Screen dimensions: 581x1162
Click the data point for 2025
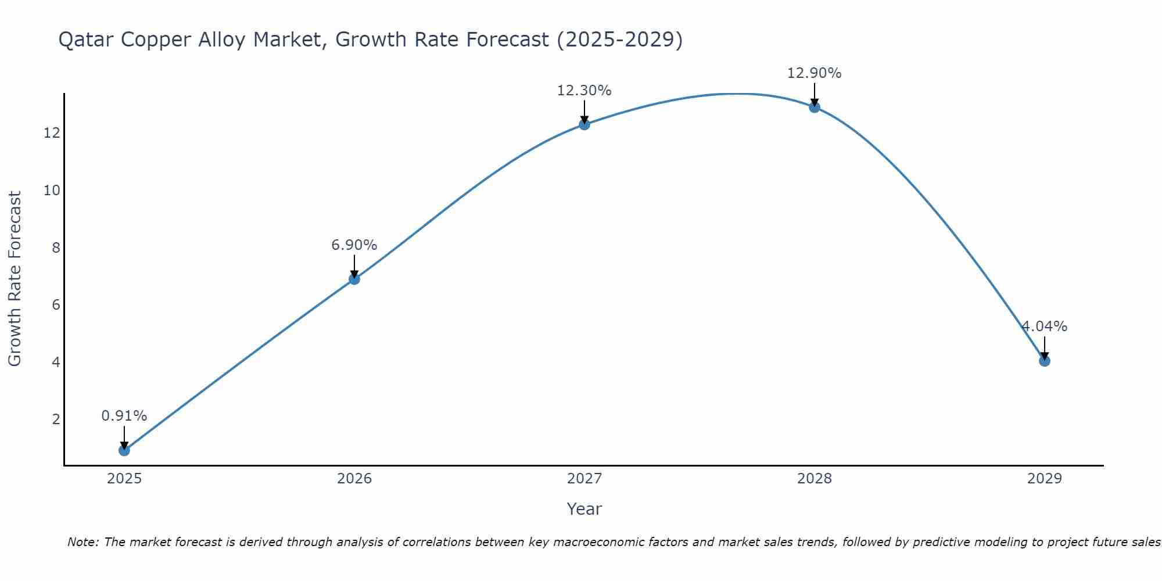(x=124, y=450)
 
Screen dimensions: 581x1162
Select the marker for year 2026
(x=354, y=279)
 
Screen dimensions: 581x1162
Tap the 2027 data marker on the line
(x=584, y=124)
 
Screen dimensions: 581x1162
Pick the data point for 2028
(x=814, y=107)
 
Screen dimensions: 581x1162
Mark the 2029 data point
(x=1044, y=361)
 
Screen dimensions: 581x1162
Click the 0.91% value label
(x=124, y=416)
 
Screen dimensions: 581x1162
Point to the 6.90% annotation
(x=354, y=245)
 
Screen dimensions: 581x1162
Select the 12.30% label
(x=584, y=91)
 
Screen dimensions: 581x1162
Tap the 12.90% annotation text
(x=814, y=73)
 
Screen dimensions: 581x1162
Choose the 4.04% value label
(x=1044, y=327)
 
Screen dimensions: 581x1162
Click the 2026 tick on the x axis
(x=354, y=479)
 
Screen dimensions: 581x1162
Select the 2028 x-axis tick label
(x=814, y=479)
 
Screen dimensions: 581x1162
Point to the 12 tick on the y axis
(x=52, y=133)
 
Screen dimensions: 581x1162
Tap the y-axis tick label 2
(x=56, y=419)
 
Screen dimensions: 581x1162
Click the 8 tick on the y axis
(x=56, y=248)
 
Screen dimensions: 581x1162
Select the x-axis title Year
(x=584, y=509)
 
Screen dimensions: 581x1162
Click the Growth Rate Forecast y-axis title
(x=15, y=279)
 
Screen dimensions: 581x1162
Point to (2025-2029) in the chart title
(x=619, y=40)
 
